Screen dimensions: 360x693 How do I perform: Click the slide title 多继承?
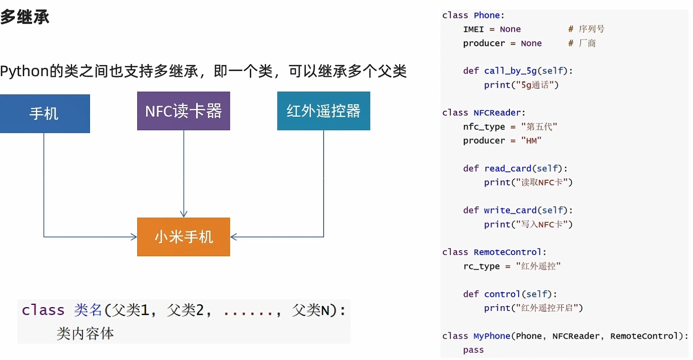(x=25, y=18)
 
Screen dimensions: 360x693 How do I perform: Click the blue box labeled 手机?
(x=44, y=114)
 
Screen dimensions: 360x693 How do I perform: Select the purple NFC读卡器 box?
(x=184, y=111)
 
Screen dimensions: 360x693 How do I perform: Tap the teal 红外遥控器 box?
(x=324, y=111)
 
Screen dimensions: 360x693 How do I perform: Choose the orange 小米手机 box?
(x=184, y=237)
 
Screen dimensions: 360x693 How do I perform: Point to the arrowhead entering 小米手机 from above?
(x=184, y=214)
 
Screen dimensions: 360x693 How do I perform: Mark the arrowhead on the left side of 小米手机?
(x=134, y=237)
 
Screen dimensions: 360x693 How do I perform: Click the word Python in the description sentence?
(x=24, y=72)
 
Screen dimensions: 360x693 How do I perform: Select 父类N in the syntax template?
(x=313, y=310)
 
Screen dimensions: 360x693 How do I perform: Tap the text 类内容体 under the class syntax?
(x=85, y=333)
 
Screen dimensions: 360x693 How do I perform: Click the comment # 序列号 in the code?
(x=586, y=29)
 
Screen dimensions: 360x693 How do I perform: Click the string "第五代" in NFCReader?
(x=539, y=127)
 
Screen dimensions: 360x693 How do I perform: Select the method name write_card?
(x=510, y=211)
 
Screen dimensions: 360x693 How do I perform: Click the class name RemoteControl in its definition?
(x=507, y=253)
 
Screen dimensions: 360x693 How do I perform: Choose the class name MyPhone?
(x=491, y=336)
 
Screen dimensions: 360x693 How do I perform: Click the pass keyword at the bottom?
(x=473, y=350)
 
